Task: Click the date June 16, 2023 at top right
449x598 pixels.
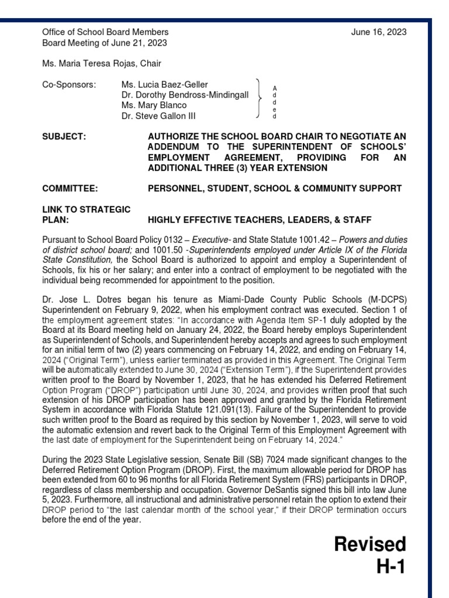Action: coord(379,32)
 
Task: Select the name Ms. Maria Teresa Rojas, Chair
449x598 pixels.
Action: coord(101,63)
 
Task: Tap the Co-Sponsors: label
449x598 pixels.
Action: coord(68,85)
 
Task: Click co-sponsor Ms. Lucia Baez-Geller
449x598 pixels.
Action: coord(164,85)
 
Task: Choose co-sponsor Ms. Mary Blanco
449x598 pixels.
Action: coord(154,106)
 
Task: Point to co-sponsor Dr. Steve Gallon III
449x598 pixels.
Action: coord(158,116)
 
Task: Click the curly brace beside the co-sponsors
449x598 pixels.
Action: coord(259,100)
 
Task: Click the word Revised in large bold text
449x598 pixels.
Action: coord(369,544)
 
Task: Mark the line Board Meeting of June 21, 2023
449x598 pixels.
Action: coord(105,43)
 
